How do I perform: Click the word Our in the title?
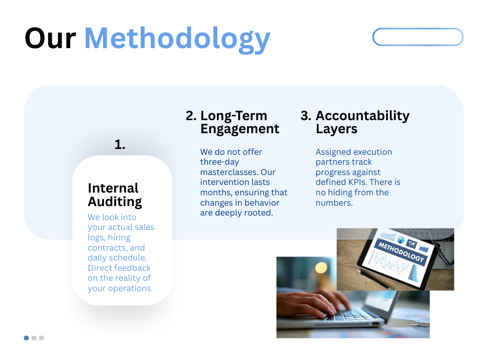[50, 38]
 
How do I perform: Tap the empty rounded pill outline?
[418, 29]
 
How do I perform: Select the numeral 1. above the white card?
[120, 144]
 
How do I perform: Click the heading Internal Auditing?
[115, 195]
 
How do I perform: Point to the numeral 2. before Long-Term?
[191, 116]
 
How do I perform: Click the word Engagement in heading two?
[239, 129]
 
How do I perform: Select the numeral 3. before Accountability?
[306, 116]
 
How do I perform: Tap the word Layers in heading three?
[336, 129]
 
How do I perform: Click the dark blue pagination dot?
[27, 338]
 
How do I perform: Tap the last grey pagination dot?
[41, 338]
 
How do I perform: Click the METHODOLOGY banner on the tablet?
[401, 252]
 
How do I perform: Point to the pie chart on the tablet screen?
[401, 240]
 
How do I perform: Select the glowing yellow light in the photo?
[321, 268]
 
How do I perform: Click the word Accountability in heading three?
[363, 116]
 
